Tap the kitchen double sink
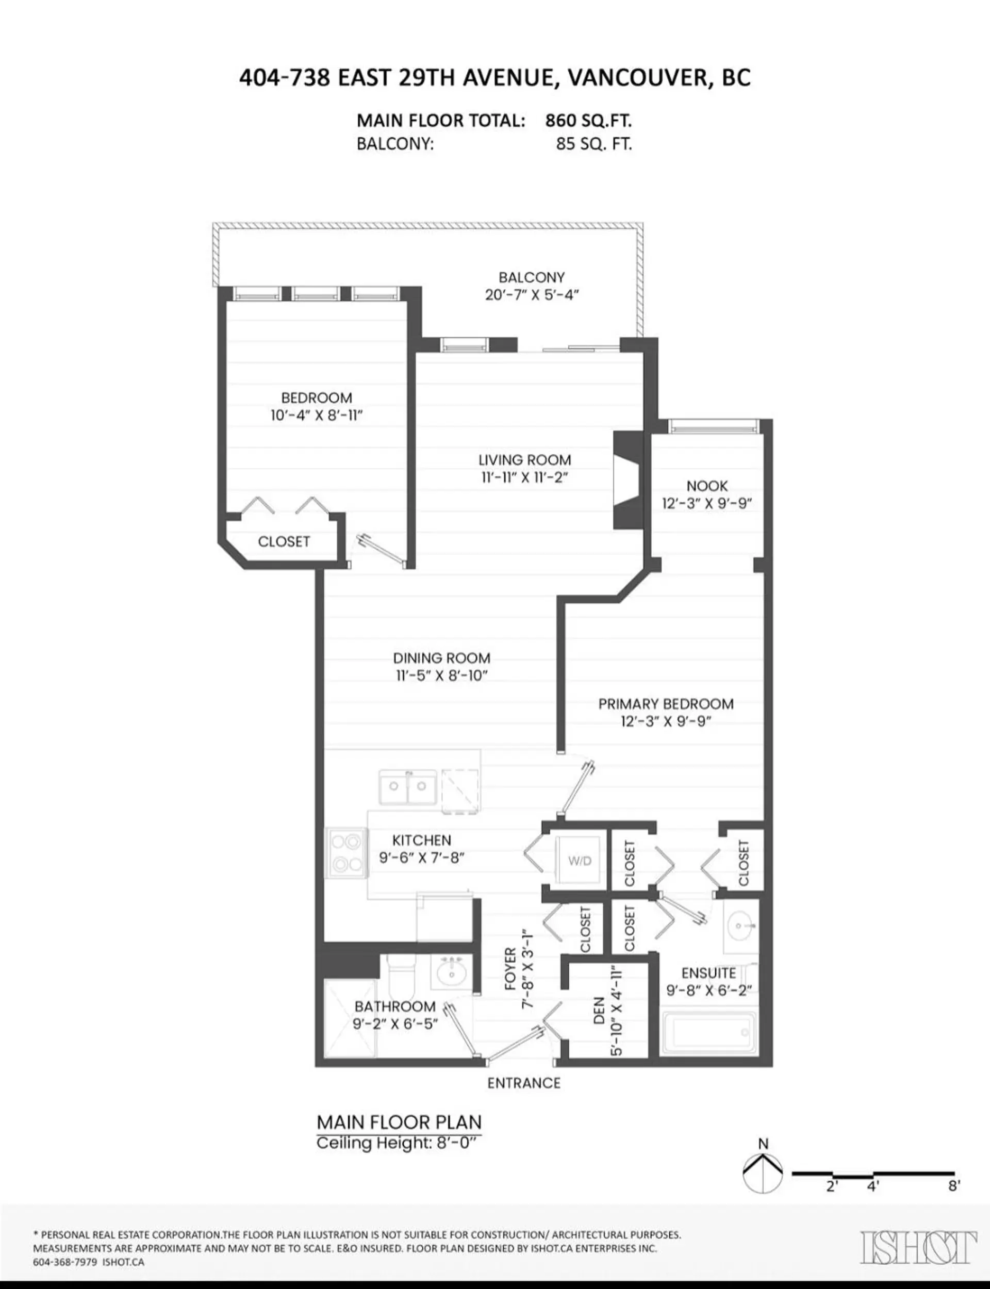point(408,786)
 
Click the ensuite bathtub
point(709,1033)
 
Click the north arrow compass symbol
point(763,1174)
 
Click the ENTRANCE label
point(523,1083)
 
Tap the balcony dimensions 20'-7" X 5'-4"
point(532,295)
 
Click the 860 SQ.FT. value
point(588,121)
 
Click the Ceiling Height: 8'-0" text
point(395,1144)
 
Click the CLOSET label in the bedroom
point(284,541)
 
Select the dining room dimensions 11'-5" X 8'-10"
point(441,675)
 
